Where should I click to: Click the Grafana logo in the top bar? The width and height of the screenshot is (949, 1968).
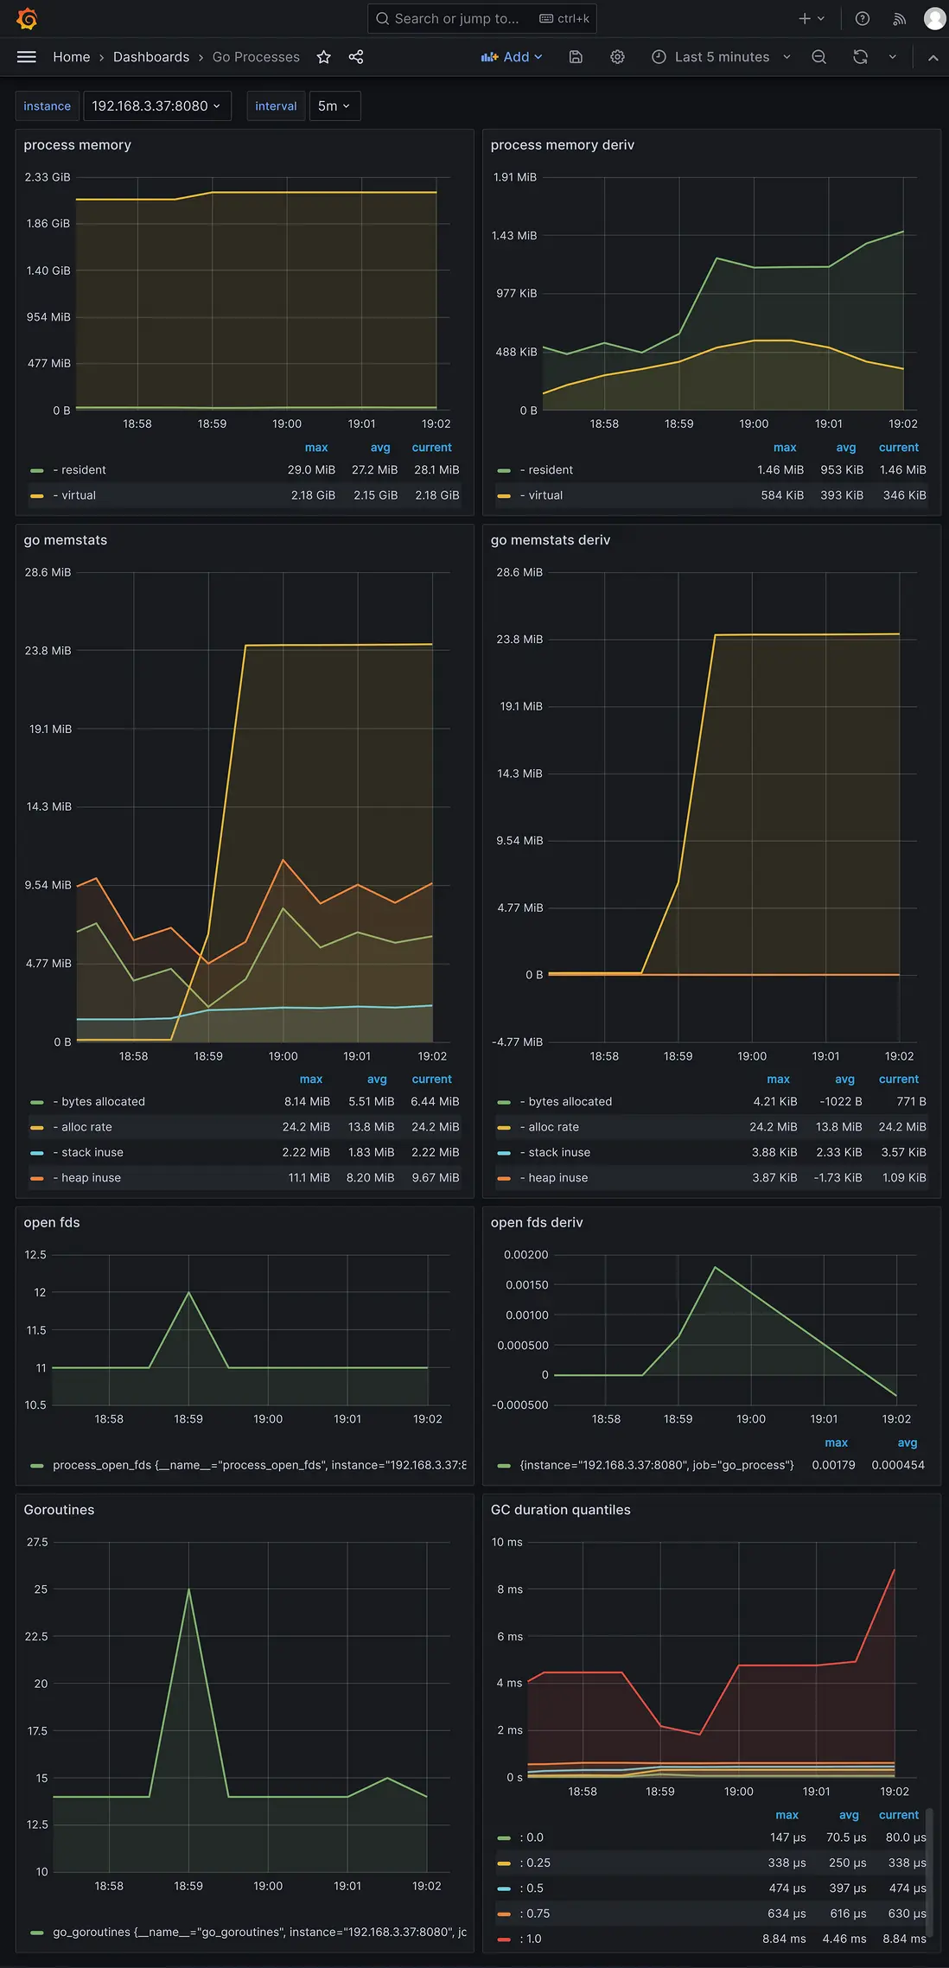[27, 18]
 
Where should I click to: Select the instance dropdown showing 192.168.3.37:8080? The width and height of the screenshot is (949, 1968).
[156, 106]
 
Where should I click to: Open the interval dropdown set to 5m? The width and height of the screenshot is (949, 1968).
[334, 106]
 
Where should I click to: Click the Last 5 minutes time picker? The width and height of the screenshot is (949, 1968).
[721, 57]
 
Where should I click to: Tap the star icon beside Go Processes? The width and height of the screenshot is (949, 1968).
[324, 57]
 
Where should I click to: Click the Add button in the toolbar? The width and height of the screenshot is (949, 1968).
[512, 57]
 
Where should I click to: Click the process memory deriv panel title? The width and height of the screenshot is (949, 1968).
[562, 145]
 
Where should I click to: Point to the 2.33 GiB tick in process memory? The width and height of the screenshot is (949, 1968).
[48, 177]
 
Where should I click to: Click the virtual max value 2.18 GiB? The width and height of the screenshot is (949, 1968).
[313, 495]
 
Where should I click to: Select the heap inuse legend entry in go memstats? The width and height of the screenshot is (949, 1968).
[91, 1178]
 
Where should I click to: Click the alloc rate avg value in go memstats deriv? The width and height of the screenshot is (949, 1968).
[838, 1127]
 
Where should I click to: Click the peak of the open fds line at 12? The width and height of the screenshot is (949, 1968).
[188, 1292]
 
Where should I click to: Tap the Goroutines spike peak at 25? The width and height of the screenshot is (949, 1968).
[188, 1589]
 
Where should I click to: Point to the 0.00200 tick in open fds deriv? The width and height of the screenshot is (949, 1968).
[525, 1255]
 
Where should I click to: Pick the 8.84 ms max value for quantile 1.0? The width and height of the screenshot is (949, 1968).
[784, 1939]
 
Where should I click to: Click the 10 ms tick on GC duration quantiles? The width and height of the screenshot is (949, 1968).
[506, 1543]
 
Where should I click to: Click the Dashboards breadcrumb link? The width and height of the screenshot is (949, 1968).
[151, 57]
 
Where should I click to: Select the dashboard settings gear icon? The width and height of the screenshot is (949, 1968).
[617, 57]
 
